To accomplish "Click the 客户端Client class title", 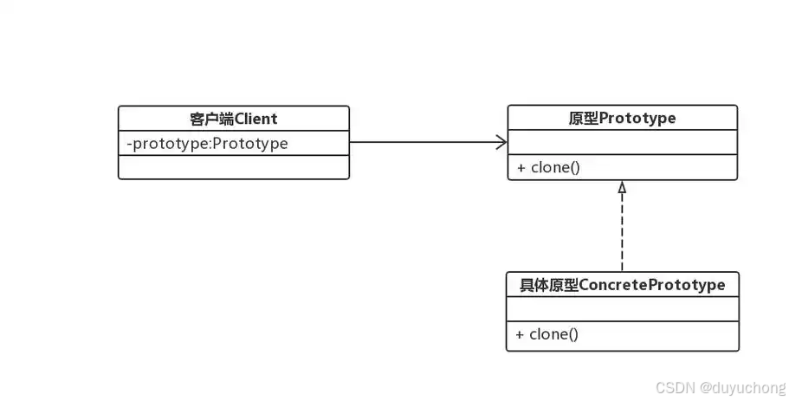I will [x=233, y=118].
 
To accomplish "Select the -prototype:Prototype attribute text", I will [x=207, y=143].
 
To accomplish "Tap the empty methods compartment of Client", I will [x=233, y=167].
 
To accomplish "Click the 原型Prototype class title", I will [x=622, y=118].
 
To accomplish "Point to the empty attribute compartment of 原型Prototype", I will [x=622, y=143].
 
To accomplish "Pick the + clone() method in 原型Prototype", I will [x=548, y=167].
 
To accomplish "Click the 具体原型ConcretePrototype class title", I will [x=622, y=284].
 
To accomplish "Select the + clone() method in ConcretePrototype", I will [x=547, y=334].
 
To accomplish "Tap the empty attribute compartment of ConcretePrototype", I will [x=622, y=309].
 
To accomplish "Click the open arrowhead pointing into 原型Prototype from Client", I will [x=501, y=142].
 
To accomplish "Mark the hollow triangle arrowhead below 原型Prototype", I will [x=622, y=186].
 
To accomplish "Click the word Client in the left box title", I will [x=255, y=118].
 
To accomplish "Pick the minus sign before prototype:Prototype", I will [x=129, y=143].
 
